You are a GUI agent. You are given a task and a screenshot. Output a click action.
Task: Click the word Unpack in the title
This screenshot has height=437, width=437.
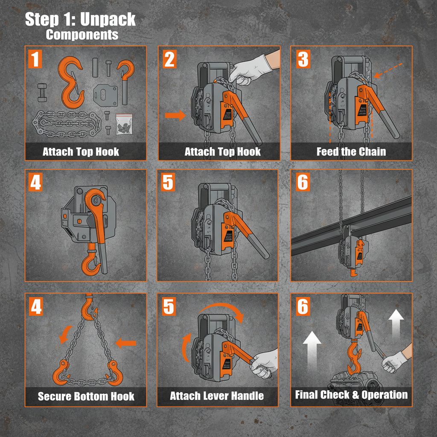point(108,20)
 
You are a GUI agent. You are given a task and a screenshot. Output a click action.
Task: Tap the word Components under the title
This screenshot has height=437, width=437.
point(82,35)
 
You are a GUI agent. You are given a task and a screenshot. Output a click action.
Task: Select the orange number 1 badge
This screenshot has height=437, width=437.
point(36,59)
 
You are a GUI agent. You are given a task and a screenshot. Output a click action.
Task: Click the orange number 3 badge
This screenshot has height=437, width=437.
point(303,59)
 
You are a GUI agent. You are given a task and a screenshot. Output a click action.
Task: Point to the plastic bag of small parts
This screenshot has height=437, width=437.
point(124,124)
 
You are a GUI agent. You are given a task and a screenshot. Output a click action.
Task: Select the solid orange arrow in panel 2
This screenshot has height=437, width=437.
point(175,115)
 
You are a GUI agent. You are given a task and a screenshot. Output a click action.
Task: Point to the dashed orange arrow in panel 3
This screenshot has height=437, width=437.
point(388,70)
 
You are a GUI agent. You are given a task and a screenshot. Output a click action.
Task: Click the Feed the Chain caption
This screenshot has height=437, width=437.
point(351,151)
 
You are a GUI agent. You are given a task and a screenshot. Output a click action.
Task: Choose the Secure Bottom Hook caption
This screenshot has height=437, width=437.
point(86,396)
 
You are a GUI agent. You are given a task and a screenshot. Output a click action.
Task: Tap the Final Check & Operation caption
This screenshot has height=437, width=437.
point(351,395)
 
